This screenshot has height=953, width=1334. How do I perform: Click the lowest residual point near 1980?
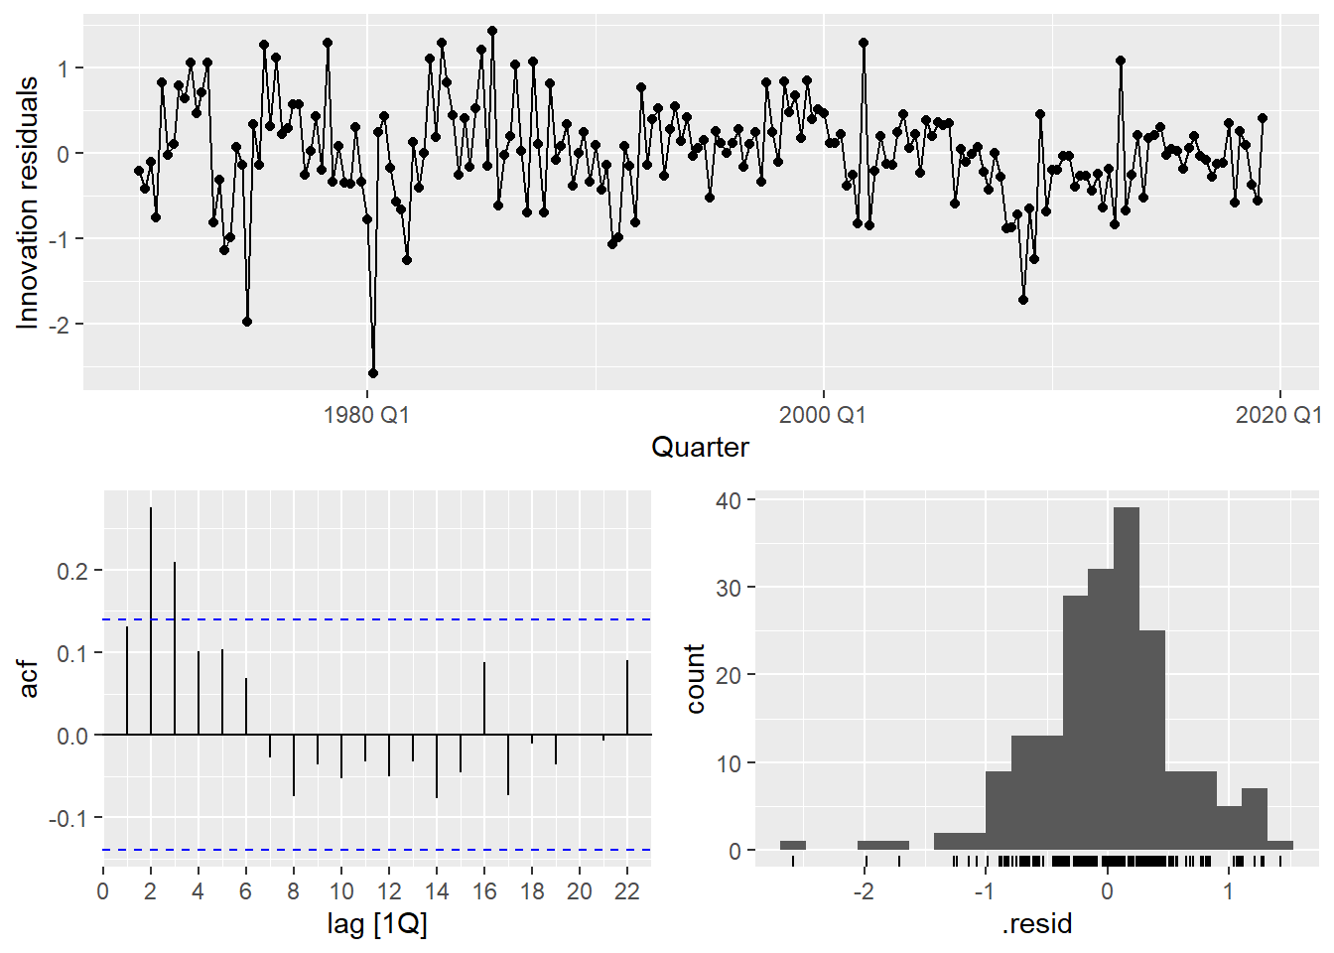tap(373, 373)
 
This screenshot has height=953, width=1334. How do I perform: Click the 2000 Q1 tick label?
tap(822, 415)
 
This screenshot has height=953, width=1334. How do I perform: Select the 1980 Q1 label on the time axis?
tap(366, 415)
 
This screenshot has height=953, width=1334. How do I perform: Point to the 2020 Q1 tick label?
tap(1277, 415)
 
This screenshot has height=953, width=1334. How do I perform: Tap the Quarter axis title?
tap(700, 448)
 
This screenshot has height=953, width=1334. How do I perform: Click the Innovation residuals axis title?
tap(28, 203)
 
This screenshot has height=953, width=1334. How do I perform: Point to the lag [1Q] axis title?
tap(377, 925)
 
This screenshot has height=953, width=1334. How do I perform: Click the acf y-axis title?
tap(29, 679)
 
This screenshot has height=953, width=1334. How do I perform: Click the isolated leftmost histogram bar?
tap(793, 845)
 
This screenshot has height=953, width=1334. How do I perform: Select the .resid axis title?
tap(1037, 925)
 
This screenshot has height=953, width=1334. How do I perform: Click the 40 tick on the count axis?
tap(729, 500)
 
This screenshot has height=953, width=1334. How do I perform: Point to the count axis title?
tap(695, 679)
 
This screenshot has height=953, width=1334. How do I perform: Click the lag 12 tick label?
tap(389, 890)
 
